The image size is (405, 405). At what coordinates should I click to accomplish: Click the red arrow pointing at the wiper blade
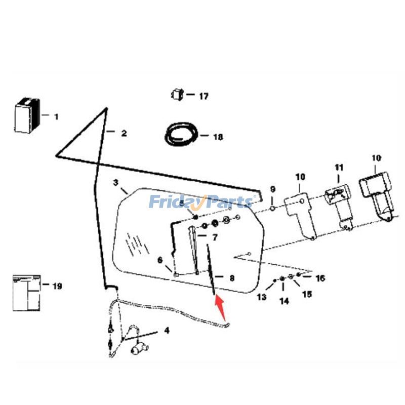tap(220, 304)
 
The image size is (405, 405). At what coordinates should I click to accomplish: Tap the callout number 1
tap(56, 116)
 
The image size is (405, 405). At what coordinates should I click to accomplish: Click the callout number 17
tap(203, 96)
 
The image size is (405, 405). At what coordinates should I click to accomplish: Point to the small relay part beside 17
tap(176, 94)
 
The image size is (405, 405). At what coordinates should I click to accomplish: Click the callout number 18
tap(218, 137)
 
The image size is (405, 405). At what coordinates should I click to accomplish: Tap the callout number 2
tap(124, 134)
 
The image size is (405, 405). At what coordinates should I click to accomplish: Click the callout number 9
tap(272, 189)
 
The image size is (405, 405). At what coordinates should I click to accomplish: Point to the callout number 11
tap(339, 168)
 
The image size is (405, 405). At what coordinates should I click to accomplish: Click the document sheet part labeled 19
tap(26, 292)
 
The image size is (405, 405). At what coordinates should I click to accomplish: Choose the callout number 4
tap(167, 332)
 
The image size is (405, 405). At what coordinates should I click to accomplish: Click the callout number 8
tap(231, 278)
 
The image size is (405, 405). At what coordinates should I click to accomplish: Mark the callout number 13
tap(261, 297)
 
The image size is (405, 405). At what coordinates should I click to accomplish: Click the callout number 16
tap(320, 278)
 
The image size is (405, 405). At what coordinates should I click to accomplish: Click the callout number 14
tap(284, 301)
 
